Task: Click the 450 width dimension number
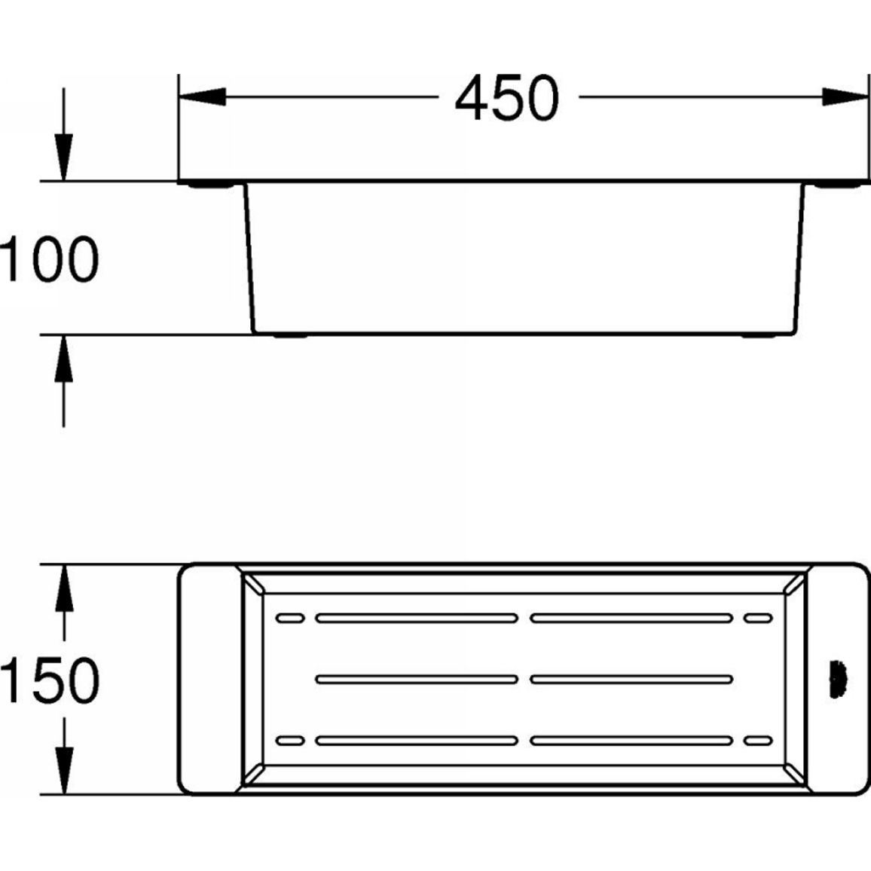506,98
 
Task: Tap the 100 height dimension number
49,259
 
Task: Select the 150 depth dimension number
49,680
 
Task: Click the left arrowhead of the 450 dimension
202,96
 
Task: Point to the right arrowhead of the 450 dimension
845,96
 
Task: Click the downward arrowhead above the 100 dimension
64,157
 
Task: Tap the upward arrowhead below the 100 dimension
64,359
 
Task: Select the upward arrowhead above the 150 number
65,588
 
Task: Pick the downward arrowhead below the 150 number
65,771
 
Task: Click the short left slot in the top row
290,619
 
